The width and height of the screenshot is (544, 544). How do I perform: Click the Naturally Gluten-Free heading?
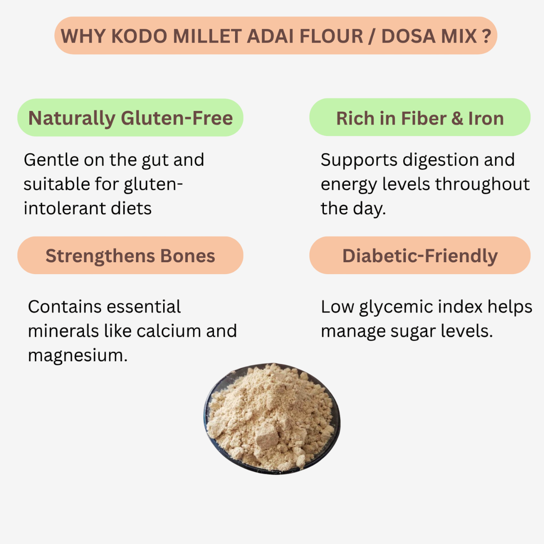click(130, 118)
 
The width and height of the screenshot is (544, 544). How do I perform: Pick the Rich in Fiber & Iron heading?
click(420, 118)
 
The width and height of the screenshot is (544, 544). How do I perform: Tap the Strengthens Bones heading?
click(130, 256)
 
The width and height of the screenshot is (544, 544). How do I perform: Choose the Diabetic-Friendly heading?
click(420, 256)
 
